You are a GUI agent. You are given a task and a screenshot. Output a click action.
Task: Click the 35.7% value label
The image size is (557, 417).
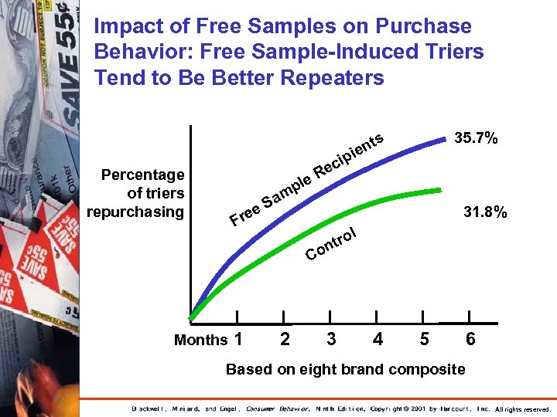476,140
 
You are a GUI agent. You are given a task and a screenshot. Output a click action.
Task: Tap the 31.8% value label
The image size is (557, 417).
485,212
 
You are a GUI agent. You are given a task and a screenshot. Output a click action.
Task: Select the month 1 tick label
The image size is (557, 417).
238,339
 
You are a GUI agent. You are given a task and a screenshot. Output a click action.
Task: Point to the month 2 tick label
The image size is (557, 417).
285,339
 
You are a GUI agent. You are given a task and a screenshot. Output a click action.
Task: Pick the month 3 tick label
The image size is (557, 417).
331,339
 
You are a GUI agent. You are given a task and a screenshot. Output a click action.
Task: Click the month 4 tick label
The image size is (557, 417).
378,339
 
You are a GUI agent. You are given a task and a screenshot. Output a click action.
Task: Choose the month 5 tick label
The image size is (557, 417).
423,339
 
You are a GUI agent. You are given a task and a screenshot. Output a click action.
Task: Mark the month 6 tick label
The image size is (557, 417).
470,339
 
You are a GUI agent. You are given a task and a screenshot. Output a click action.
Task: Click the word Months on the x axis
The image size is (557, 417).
200,340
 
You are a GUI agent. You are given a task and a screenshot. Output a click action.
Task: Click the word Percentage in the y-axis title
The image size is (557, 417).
142,175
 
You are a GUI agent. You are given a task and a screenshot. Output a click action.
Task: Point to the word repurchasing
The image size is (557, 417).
135,212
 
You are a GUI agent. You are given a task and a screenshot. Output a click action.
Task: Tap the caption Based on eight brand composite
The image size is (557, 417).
345,369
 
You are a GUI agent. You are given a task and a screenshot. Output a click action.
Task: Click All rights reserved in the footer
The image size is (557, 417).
522,409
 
